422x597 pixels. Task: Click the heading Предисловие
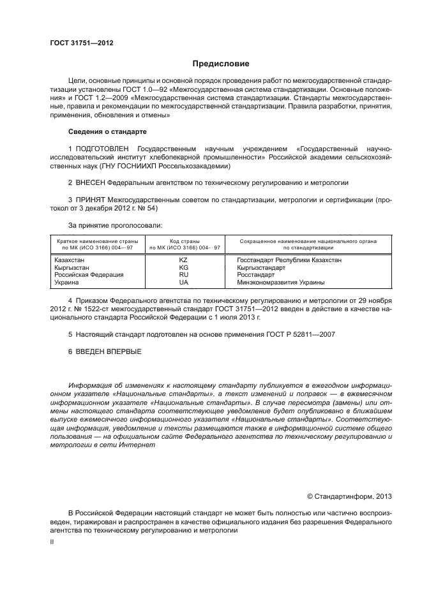pyautogui.click(x=222, y=63)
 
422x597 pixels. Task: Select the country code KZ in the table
pyautogui.click(x=185, y=260)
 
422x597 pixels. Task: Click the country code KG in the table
pyautogui.click(x=185, y=267)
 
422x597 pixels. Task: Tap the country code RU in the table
pyautogui.click(x=185, y=274)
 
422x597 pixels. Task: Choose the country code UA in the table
pyautogui.click(x=185, y=281)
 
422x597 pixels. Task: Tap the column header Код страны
pyautogui.click(x=185, y=241)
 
